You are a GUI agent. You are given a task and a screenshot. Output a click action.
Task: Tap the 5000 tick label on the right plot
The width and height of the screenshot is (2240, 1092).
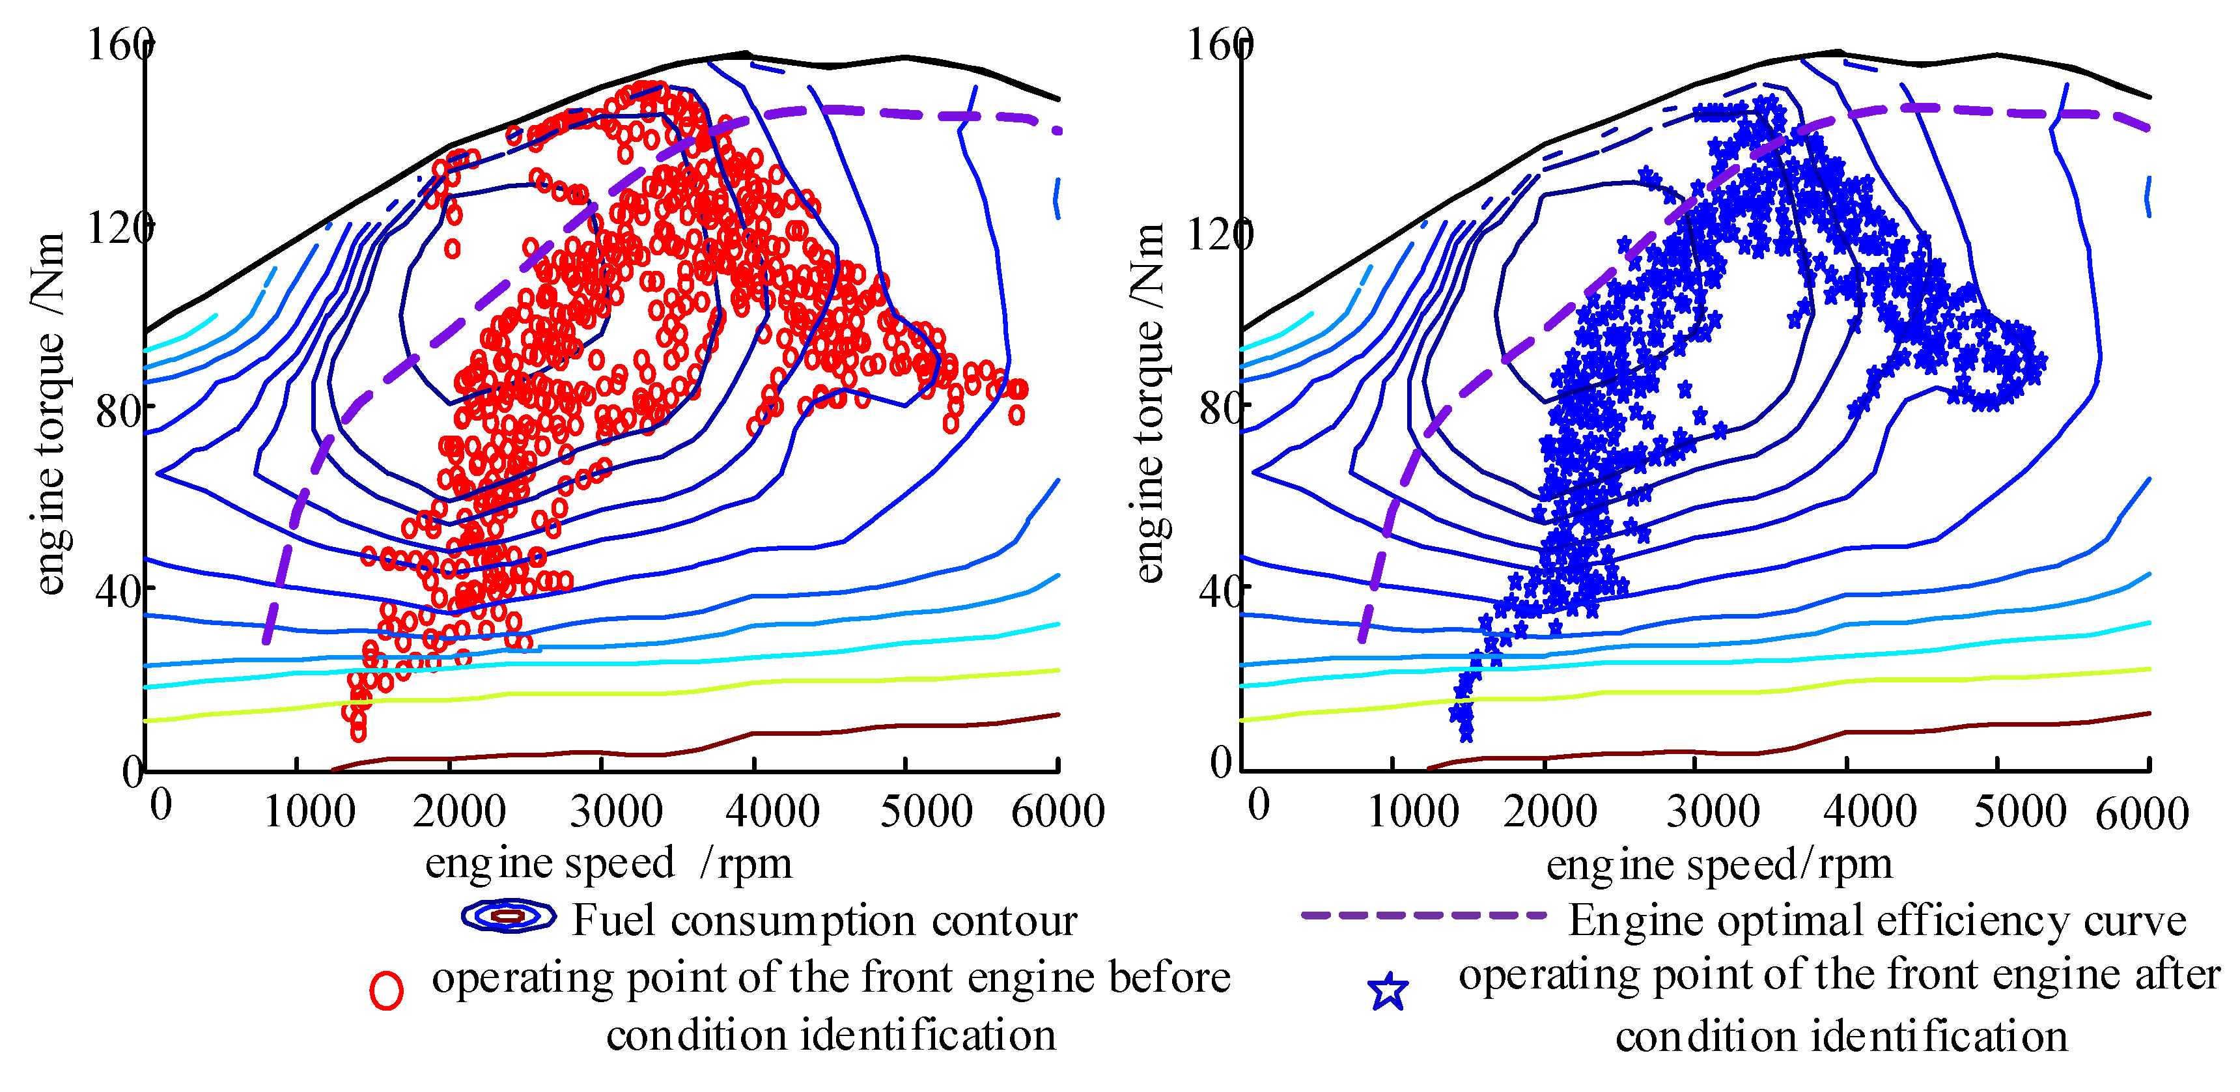[x=2019, y=811]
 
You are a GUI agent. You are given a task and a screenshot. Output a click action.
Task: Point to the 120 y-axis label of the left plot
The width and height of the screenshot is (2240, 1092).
[x=119, y=228]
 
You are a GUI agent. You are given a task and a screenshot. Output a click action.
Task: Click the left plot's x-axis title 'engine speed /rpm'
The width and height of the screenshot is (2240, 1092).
[x=609, y=863]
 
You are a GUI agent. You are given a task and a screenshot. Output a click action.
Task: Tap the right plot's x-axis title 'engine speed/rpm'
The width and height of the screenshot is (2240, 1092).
[x=1719, y=864]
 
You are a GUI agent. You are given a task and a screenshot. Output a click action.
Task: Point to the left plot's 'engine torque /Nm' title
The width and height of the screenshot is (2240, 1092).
[x=49, y=413]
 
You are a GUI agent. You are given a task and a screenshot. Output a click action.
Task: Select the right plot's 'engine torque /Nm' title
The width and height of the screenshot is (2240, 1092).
[x=1149, y=402]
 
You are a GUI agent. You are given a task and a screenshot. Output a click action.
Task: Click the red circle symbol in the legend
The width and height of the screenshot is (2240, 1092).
[x=386, y=990]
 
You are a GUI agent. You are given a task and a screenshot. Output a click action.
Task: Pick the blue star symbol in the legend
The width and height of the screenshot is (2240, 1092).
[x=1388, y=991]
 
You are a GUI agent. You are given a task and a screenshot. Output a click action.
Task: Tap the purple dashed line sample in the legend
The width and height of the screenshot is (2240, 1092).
[x=1423, y=915]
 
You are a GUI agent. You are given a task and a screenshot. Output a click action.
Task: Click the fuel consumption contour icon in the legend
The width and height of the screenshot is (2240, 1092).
[x=509, y=916]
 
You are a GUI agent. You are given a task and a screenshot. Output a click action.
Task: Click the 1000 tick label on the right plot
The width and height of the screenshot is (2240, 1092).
[x=1413, y=811]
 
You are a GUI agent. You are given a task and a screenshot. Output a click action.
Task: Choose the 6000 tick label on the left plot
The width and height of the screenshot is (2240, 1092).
[x=1057, y=811]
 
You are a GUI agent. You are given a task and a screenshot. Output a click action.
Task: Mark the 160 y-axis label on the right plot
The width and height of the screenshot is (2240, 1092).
[x=1219, y=44]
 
